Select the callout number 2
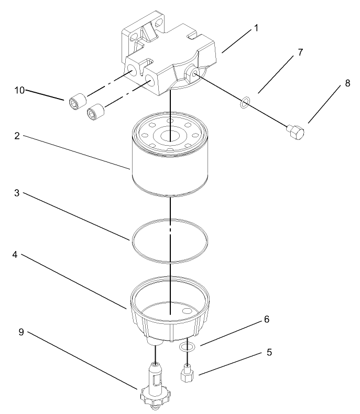(17, 136)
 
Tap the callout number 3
(17, 193)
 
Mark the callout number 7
(300, 53)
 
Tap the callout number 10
(19, 90)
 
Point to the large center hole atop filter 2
(171, 136)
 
